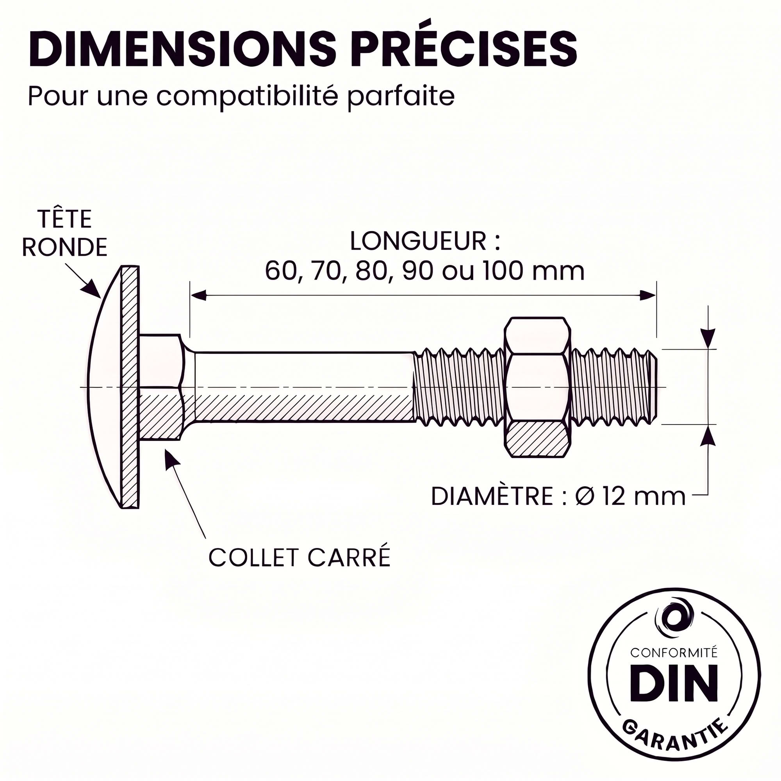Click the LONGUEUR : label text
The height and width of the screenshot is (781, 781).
point(425,241)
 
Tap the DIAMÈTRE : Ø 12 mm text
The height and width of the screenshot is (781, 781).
point(558,497)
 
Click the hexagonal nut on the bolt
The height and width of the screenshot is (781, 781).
point(538,387)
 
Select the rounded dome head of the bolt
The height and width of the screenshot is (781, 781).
point(114,387)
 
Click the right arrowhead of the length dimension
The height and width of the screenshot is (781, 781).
point(647,296)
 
